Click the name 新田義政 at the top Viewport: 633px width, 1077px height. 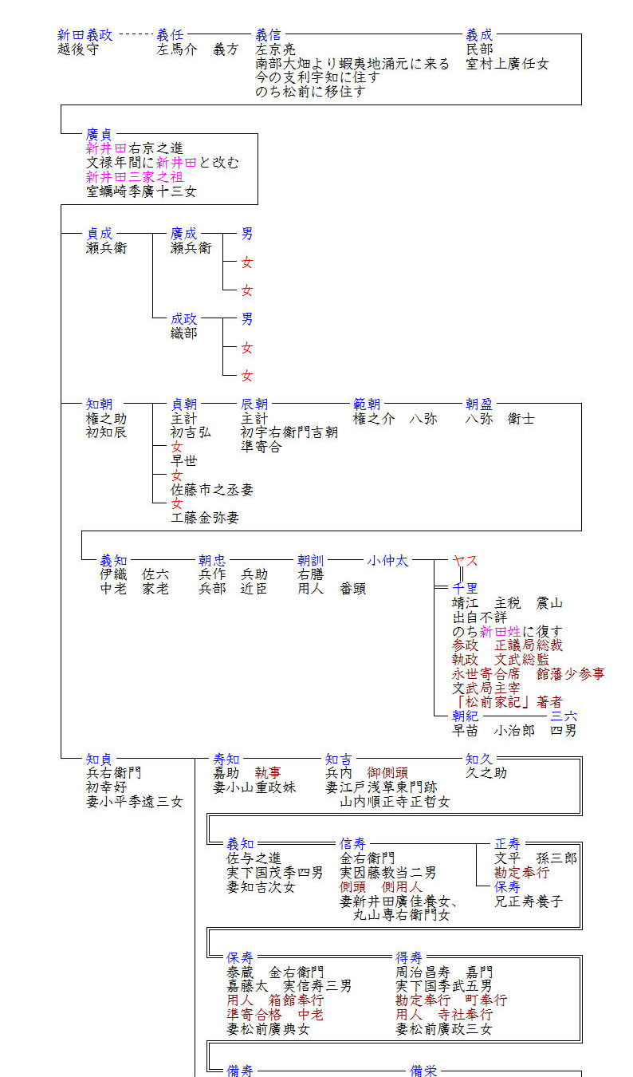(x=85, y=35)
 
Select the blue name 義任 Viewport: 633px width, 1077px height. (x=170, y=35)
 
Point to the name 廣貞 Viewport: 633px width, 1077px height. (x=100, y=135)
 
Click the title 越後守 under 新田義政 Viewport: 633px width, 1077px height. (x=78, y=49)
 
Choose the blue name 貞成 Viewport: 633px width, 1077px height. (x=100, y=234)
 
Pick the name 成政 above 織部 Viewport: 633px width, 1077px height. (x=184, y=319)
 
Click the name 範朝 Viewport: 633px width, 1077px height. (x=367, y=404)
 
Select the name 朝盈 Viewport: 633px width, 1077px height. (x=479, y=404)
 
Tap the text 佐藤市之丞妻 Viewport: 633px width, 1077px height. (x=212, y=490)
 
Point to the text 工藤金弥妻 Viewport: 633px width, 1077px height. (x=205, y=518)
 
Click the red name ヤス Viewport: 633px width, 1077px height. (x=465, y=561)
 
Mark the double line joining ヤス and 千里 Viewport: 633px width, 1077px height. (x=461, y=574)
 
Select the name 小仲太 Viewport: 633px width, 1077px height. (x=387, y=561)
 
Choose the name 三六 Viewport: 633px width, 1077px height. (x=564, y=716)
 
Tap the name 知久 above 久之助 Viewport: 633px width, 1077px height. (x=479, y=759)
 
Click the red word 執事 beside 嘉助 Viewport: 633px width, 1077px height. (x=268, y=773)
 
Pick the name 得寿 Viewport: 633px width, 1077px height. (x=409, y=958)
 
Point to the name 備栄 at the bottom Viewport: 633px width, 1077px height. (x=423, y=1071)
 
